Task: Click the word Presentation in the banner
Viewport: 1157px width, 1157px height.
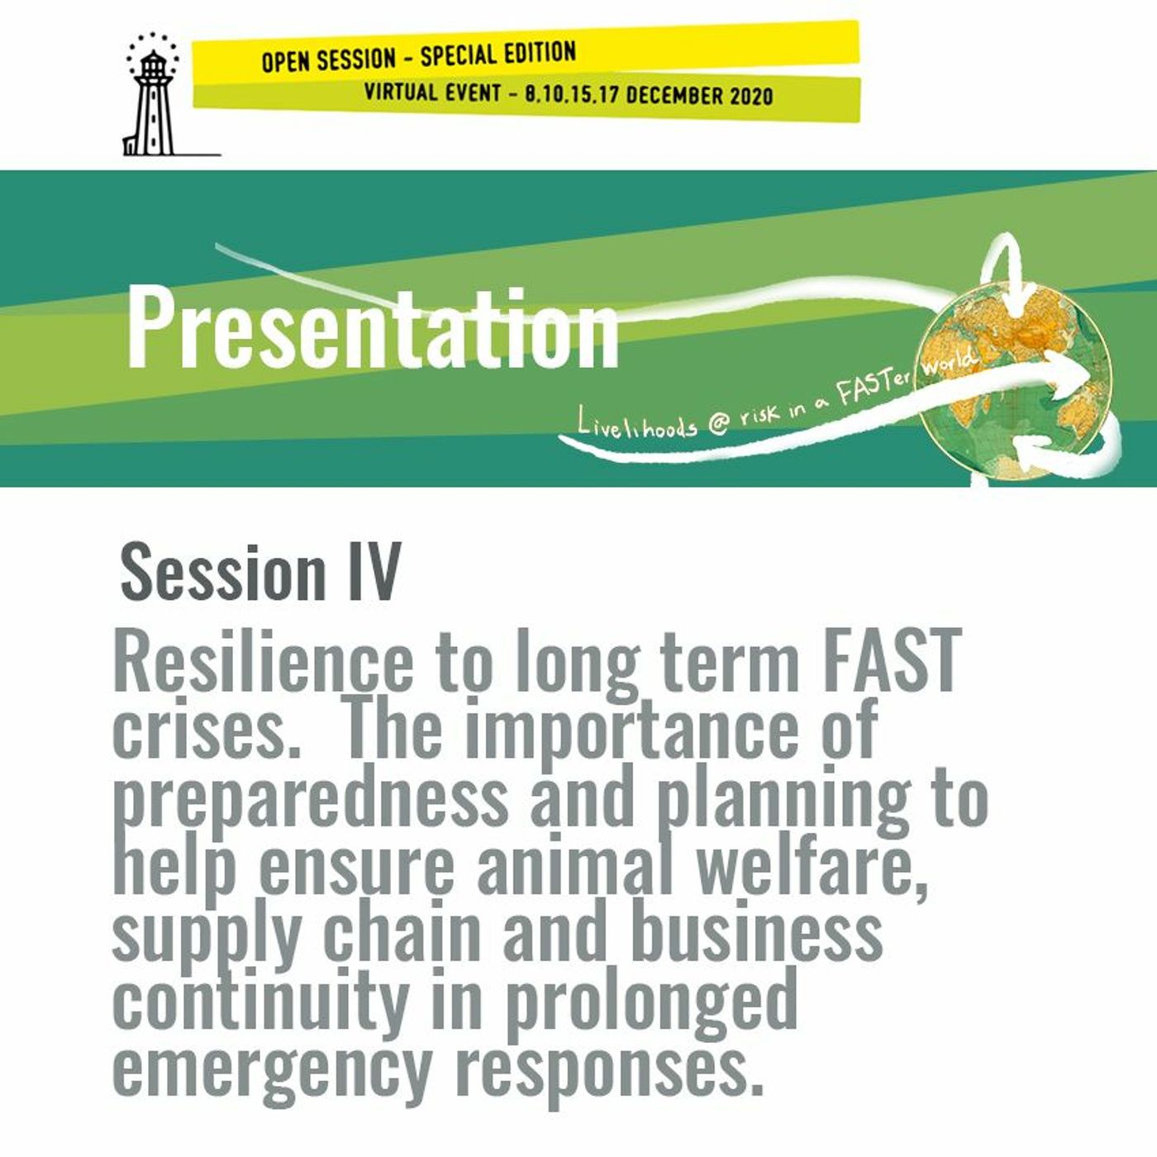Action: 372,328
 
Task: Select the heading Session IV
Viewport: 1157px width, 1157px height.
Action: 260,572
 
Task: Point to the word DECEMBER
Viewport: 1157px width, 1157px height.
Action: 675,95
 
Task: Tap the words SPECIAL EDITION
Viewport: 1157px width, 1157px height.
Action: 498,55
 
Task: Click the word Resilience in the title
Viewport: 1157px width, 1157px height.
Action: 262,663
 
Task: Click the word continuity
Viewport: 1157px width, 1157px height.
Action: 259,998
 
